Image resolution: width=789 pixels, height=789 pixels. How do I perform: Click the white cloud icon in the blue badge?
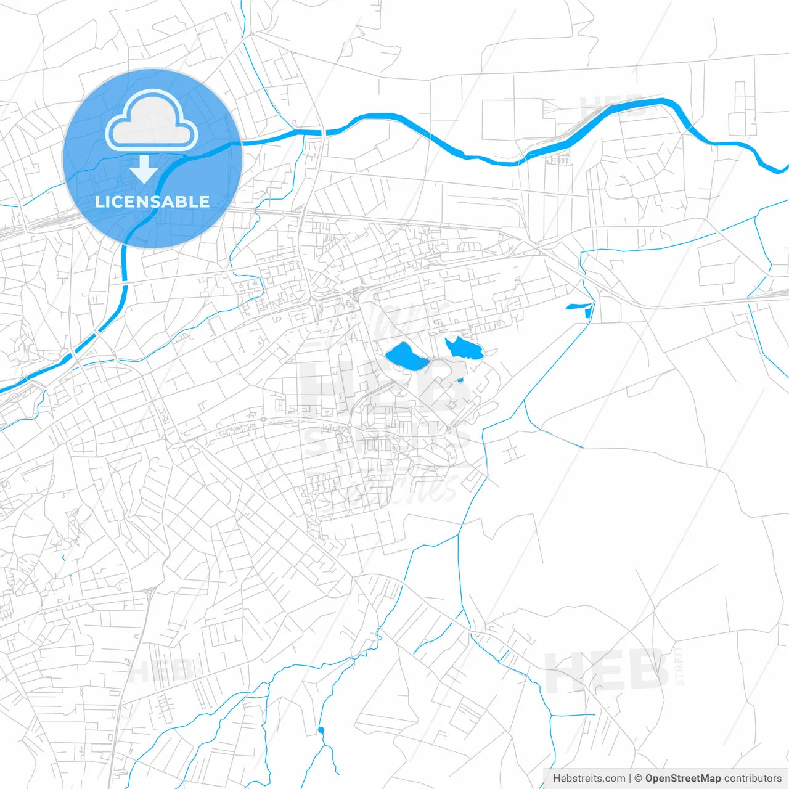click(152, 121)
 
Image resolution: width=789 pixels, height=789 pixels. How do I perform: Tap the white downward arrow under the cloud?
click(144, 170)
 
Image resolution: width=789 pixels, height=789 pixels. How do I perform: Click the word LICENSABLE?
click(152, 202)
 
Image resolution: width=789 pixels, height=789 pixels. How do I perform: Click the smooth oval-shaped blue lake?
click(406, 358)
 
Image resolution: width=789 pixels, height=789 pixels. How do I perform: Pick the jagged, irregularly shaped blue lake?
click(464, 350)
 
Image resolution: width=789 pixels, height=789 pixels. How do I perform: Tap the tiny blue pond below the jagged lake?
click(460, 380)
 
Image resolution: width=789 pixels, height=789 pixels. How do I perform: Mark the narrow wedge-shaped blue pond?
click(577, 306)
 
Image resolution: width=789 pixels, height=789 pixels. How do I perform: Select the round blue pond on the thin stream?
click(321, 730)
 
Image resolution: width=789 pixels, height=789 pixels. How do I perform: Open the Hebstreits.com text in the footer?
click(589, 779)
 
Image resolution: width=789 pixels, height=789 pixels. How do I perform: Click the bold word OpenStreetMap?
click(683, 779)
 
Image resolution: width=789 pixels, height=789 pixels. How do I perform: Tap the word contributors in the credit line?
click(753, 779)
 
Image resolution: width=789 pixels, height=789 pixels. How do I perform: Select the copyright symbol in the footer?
click(639, 779)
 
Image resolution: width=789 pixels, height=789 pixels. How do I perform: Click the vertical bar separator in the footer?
click(630, 779)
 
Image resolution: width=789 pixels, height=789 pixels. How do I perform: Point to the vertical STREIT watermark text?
click(679, 666)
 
